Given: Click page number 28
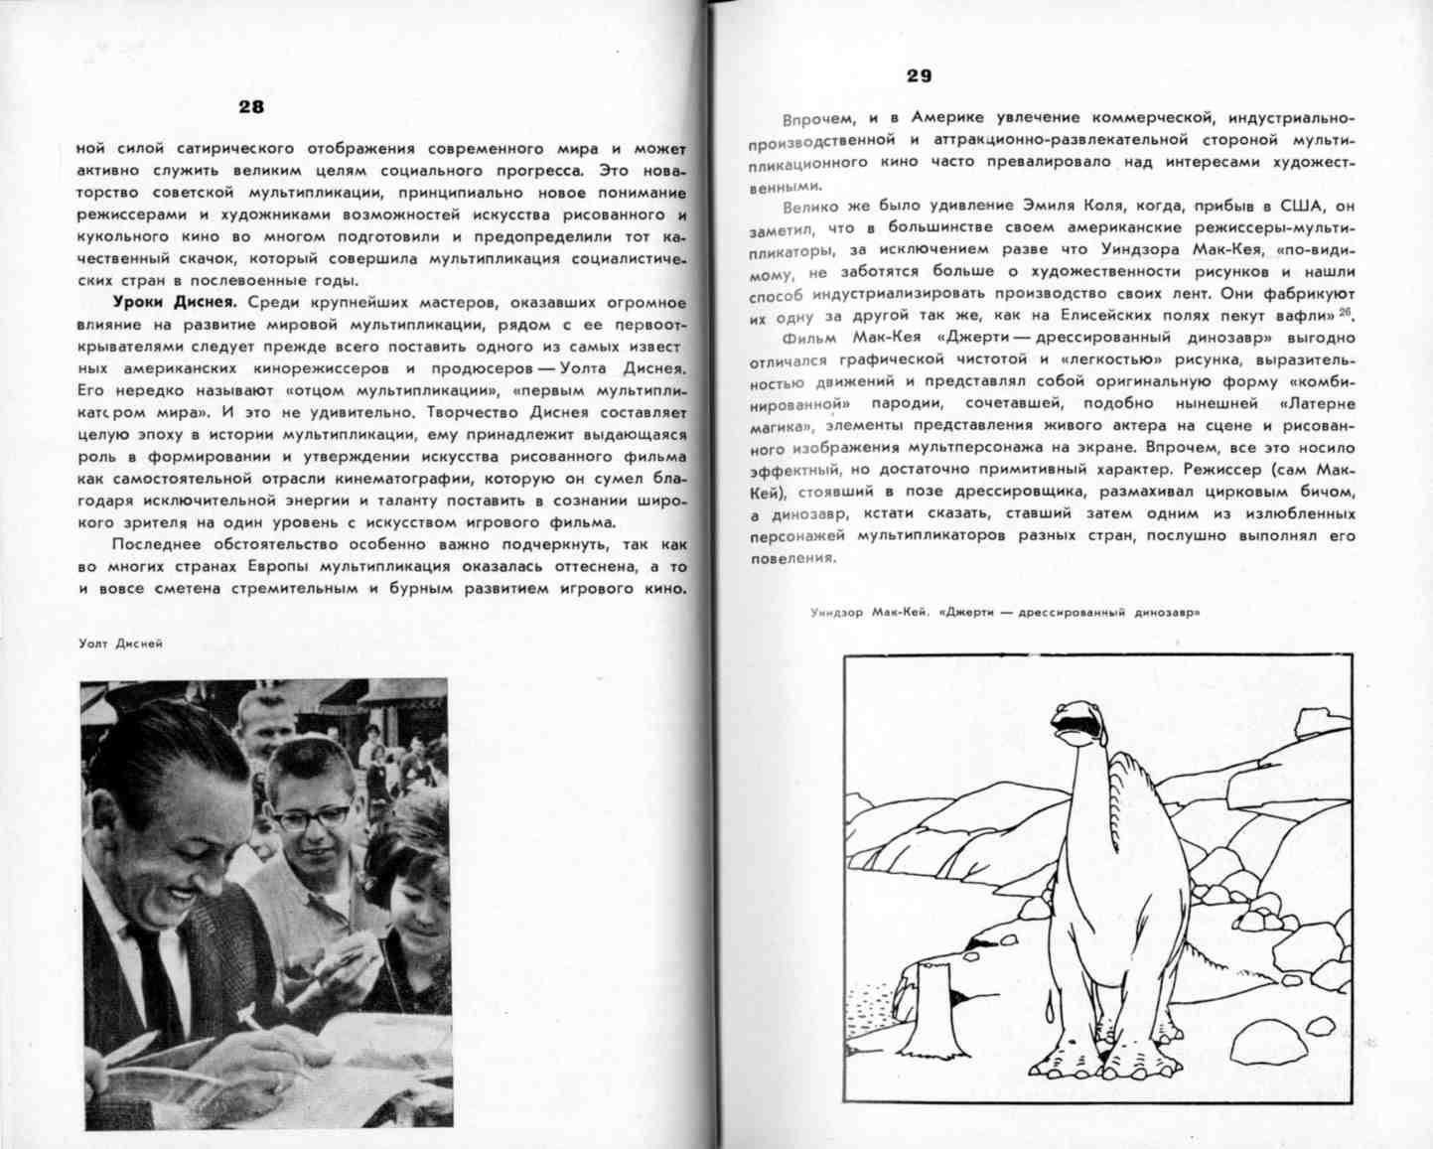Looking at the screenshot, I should [250, 107].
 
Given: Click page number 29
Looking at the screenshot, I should [919, 76].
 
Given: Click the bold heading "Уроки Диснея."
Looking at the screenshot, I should [174, 302].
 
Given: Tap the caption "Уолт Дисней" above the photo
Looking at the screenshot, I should [120, 644].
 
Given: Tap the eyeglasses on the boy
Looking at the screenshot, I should [311, 816].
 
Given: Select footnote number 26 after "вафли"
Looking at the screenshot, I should [1346, 313].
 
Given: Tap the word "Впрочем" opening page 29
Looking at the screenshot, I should [811, 120].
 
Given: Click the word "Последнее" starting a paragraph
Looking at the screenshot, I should [154, 544].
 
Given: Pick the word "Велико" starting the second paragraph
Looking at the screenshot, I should [809, 208].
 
